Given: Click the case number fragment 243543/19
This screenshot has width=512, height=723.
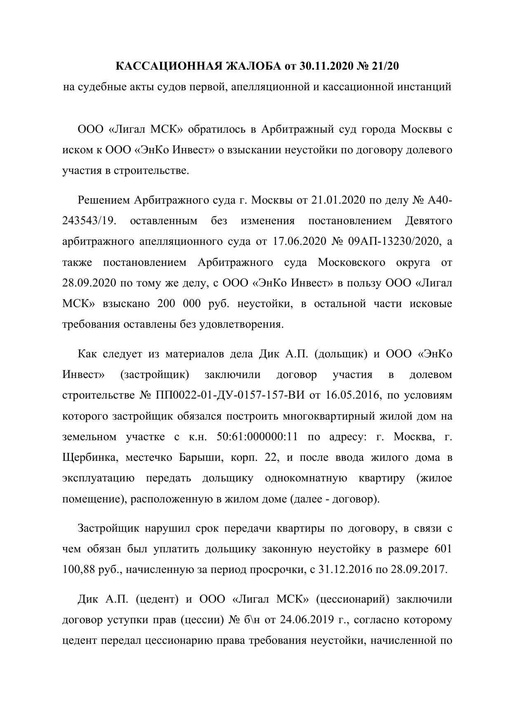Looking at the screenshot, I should (x=87, y=221).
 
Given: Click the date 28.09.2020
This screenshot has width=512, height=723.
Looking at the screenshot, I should (x=89, y=283).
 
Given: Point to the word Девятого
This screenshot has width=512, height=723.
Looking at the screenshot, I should (x=429, y=221).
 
